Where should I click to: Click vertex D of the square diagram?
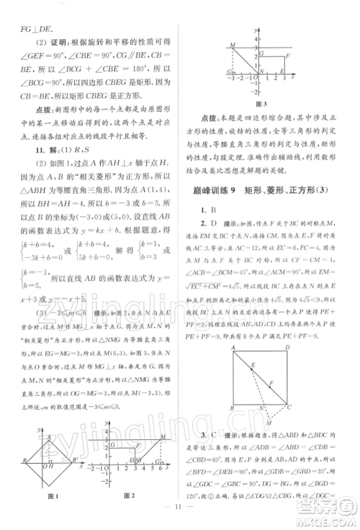tap(287, 346)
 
